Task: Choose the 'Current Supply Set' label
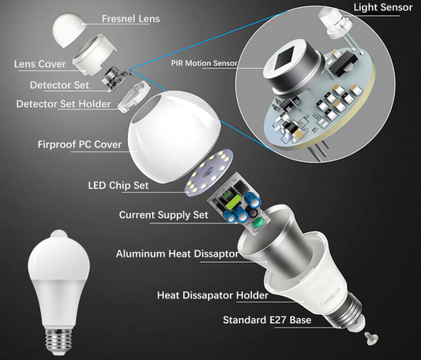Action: (x=163, y=215)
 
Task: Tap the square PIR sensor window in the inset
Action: (x=288, y=66)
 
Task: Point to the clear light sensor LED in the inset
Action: (x=330, y=20)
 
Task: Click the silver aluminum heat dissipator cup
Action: (x=293, y=246)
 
